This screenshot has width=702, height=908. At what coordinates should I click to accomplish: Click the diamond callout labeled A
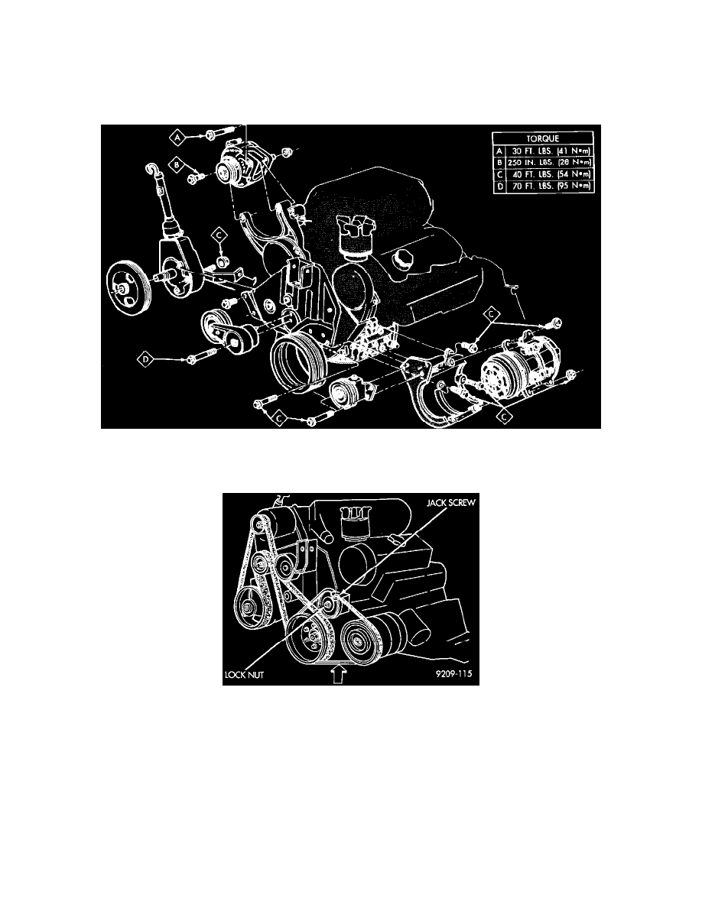pos(178,137)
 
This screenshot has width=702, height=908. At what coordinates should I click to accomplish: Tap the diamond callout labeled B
pos(177,164)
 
